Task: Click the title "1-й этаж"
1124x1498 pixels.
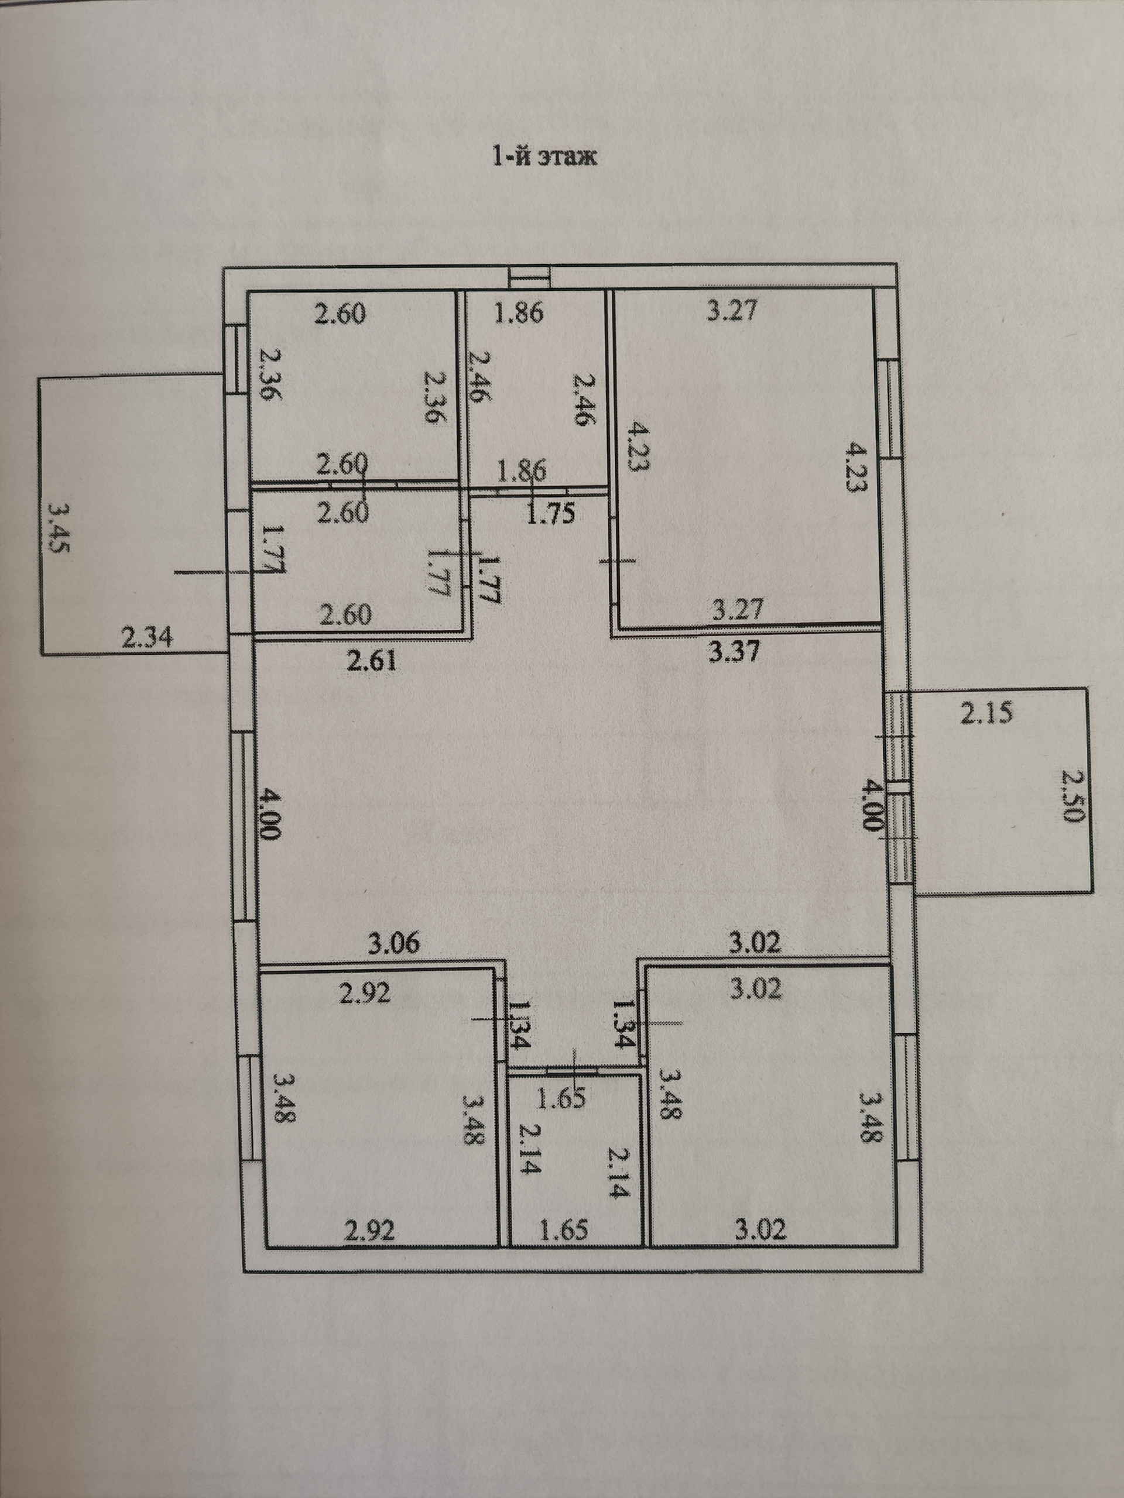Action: point(543,157)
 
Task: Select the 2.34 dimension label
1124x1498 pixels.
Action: point(146,637)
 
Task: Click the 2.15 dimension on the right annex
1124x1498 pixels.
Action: point(987,713)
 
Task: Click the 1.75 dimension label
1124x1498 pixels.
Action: point(550,513)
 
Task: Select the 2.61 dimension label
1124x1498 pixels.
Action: point(371,659)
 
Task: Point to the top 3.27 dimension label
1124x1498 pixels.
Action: point(732,311)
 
